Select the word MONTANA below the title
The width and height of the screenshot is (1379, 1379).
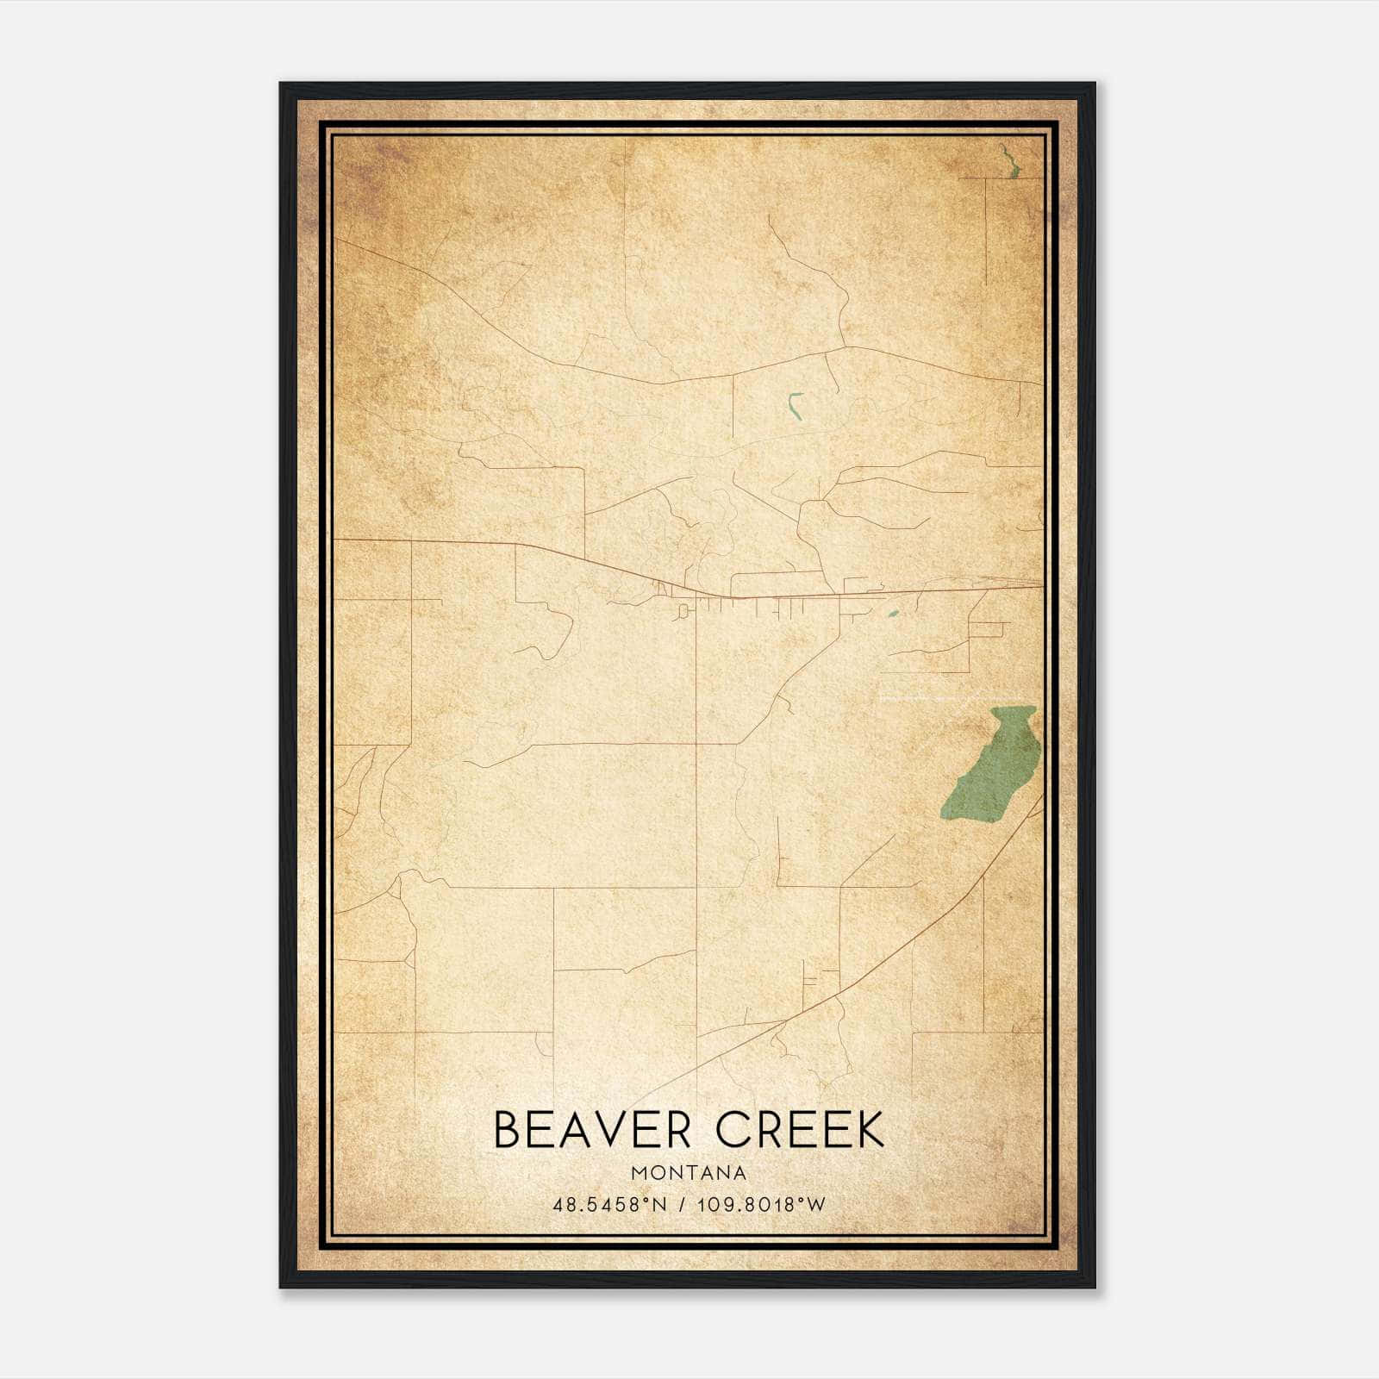pos(689,1173)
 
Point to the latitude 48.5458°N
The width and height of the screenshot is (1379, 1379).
pos(610,1205)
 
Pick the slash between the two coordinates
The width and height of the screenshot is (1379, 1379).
pos(683,1205)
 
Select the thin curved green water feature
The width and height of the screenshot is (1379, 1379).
pos(795,406)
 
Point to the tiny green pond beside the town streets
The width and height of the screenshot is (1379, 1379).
pos(892,615)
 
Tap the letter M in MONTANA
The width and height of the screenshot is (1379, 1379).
pos(638,1173)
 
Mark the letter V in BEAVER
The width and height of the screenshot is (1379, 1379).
pos(613,1130)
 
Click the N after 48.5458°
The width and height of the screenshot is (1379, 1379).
pos(661,1205)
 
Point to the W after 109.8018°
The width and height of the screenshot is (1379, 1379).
pos(816,1205)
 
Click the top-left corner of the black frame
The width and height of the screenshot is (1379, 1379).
pos(281,84)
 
